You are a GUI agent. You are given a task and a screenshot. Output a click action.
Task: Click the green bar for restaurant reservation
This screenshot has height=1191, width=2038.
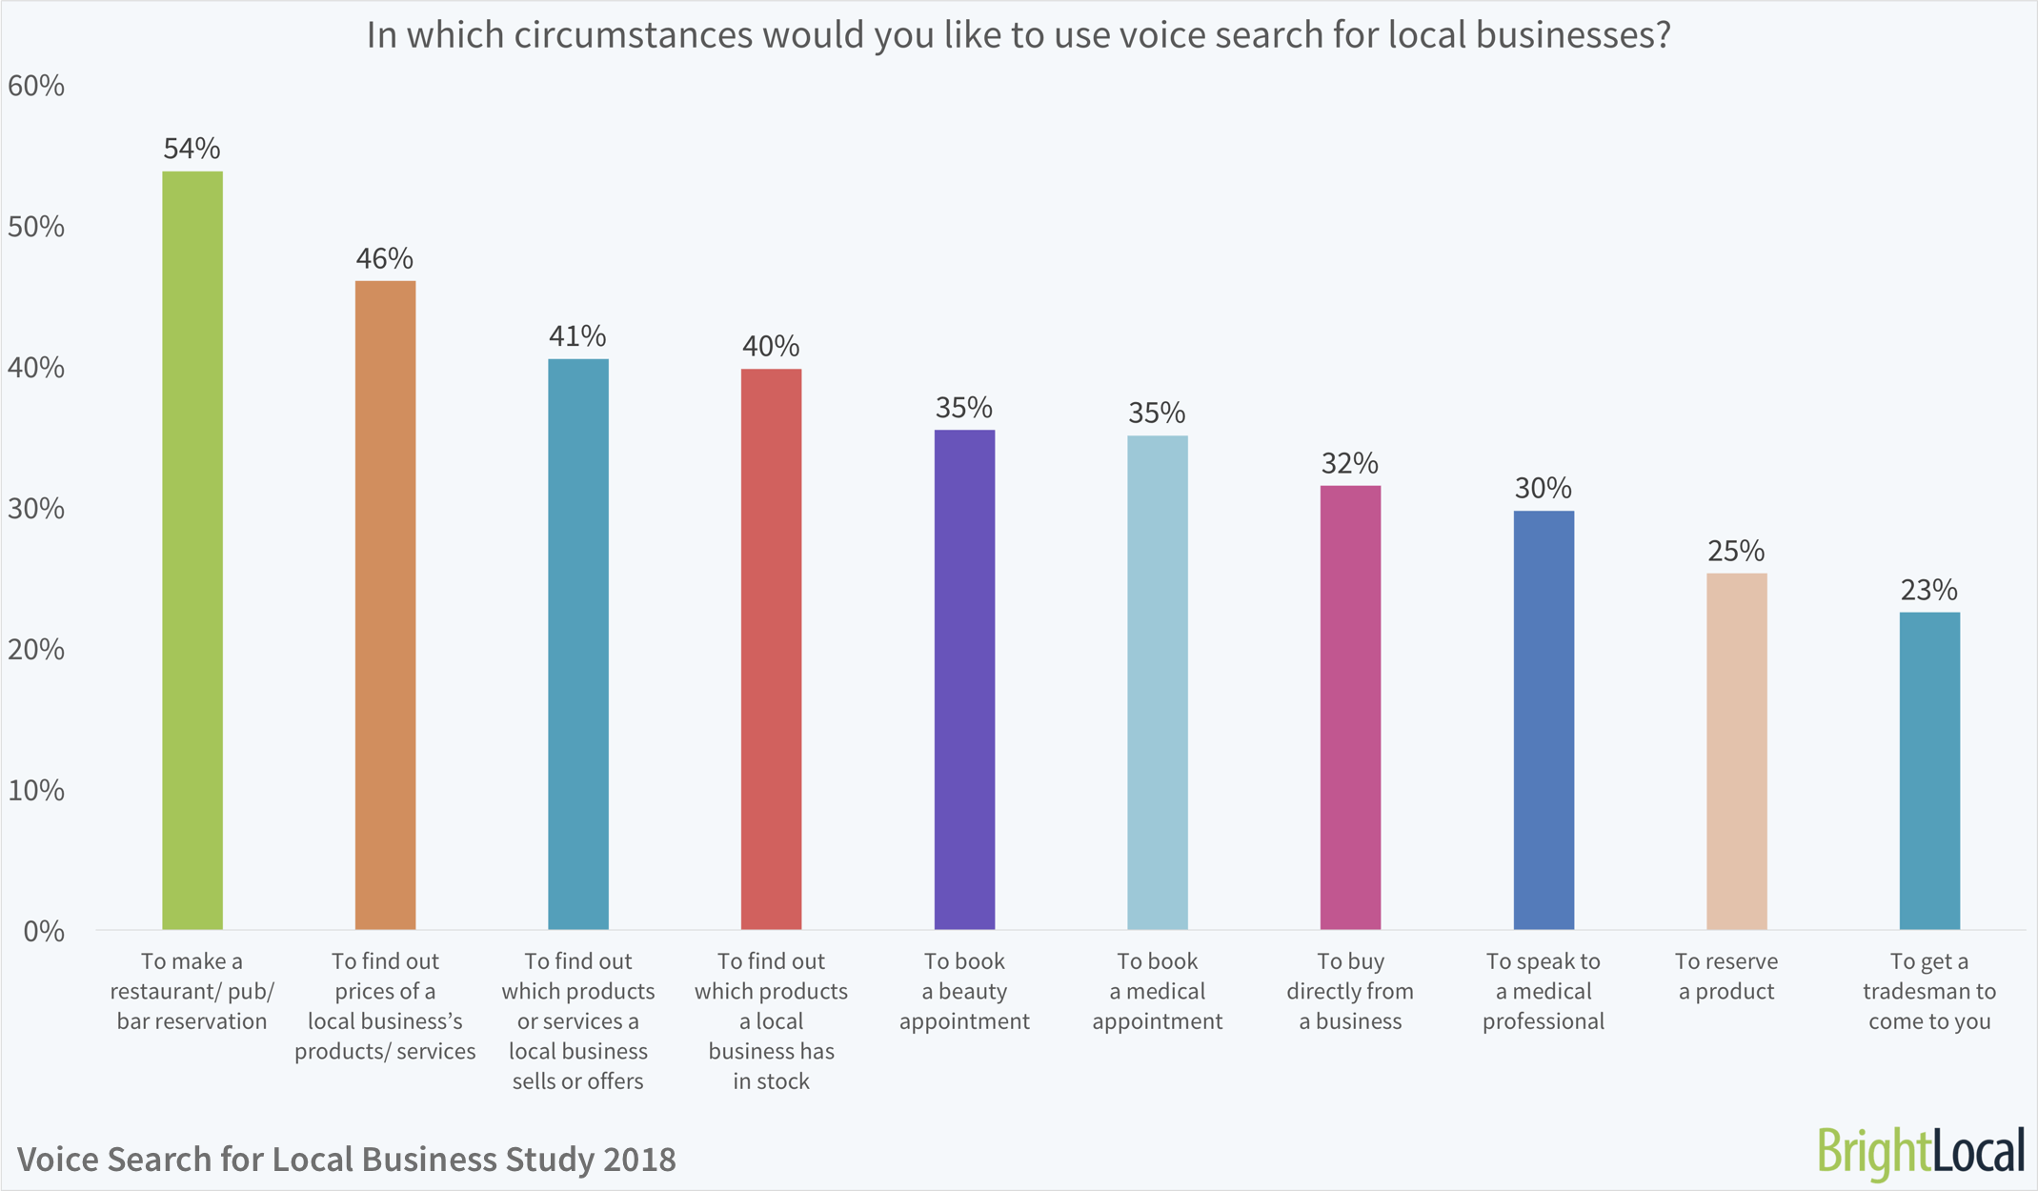tap(192, 550)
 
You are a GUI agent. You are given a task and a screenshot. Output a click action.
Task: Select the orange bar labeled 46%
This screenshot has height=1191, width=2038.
tap(385, 605)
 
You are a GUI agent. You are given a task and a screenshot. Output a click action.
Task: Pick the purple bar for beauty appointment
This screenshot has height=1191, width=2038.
tap(964, 679)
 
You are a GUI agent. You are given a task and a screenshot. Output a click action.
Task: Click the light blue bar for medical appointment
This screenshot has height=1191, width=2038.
tap(1157, 682)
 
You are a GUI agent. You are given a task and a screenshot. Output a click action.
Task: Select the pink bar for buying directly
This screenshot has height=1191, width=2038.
tap(1350, 707)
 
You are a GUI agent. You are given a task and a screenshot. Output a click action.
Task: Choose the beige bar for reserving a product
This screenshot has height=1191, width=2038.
tap(1736, 751)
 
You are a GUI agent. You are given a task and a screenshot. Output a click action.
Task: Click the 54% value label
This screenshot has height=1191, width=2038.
tap(192, 149)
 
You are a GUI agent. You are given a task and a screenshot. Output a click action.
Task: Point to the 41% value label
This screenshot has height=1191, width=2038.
tap(577, 336)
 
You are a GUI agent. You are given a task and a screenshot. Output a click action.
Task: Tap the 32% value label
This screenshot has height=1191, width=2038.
tap(1349, 464)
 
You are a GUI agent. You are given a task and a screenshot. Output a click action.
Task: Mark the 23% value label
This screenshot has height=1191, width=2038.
tap(1928, 591)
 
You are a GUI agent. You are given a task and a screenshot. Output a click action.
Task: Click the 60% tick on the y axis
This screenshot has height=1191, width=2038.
tap(36, 87)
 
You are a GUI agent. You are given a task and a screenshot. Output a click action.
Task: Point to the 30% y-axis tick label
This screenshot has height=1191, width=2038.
tap(36, 509)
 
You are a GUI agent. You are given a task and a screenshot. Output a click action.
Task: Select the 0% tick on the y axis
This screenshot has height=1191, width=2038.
tap(44, 932)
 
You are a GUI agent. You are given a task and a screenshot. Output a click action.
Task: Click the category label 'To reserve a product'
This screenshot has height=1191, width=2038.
tap(1726, 977)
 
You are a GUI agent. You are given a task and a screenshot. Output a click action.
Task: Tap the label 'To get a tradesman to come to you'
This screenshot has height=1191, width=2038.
tap(1929, 992)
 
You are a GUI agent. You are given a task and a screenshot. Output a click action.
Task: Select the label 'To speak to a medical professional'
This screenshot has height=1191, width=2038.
tap(1544, 992)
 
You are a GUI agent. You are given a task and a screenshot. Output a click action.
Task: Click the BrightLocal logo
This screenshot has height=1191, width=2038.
tap(1920, 1151)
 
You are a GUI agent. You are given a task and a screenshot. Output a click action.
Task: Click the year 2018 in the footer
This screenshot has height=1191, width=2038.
tap(638, 1160)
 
